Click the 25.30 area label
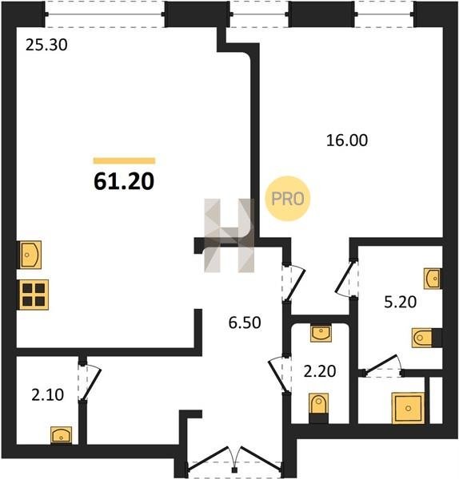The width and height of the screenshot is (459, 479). pos(46,45)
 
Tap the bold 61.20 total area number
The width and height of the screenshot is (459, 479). pos(124,181)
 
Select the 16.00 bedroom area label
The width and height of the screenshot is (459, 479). pos(347,141)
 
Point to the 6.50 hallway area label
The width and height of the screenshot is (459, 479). pos(245,323)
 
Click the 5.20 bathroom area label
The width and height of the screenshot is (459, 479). pos(401,302)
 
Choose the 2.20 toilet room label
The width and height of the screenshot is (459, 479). pos(320,371)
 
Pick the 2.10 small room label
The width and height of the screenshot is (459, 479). pos(48,394)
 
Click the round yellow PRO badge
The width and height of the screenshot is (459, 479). pos(288,199)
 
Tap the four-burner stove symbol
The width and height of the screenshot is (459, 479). pos(34,295)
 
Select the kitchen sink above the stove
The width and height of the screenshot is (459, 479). pos(30,255)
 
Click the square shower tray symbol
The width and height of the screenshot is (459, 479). pos(408,408)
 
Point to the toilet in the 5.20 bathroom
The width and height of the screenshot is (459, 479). pos(426,338)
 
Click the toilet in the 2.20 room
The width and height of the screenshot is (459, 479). pos(318,408)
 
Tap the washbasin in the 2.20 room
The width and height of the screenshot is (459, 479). pos(321,333)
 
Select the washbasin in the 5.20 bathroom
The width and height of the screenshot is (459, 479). pos(433,279)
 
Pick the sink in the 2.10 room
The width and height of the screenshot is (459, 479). pos(62,435)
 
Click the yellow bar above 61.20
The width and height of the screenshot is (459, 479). pos(124,160)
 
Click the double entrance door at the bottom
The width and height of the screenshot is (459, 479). pos(235,460)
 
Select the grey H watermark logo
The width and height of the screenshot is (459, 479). pos(229,236)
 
